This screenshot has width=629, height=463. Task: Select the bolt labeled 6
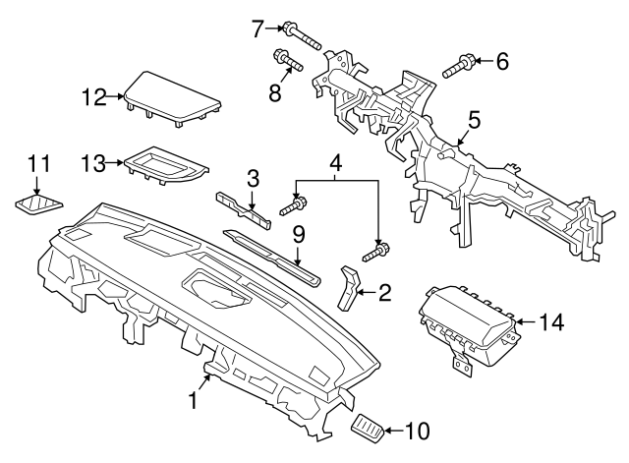[x=459, y=68]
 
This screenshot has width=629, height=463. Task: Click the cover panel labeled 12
[x=171, y=97]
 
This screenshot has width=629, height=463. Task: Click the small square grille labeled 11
[x=38, y=205]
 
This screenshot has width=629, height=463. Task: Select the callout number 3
[x=253, y=178]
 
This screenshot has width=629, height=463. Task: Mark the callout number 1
[x=194, y=401]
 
